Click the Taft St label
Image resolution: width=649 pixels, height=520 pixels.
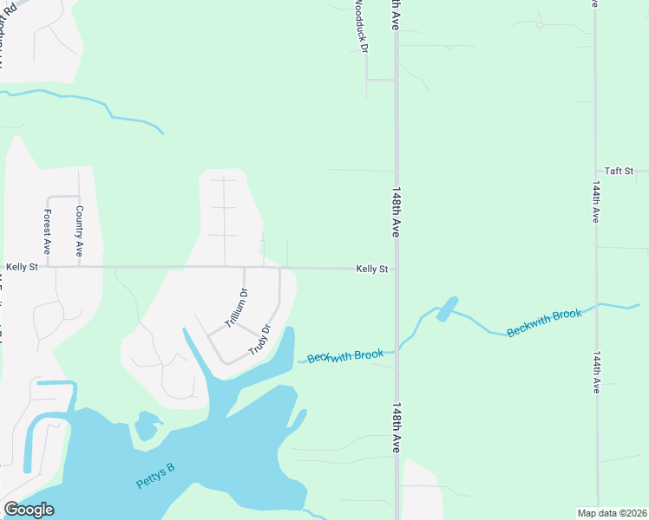pyautogui.click(x=619, y=171)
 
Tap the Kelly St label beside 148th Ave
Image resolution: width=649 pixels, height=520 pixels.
pyautogui.click(x=371, y=270)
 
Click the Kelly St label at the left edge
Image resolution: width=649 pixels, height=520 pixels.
pyautogui.click(x=22, y=268)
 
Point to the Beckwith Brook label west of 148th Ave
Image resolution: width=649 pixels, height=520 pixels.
pyautogui.click(x=345, y=356)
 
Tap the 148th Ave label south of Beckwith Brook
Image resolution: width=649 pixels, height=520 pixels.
pyautogui.click(x=396, y=427)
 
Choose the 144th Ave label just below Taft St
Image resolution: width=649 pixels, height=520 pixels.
pyautogui.click(x=596, y=203)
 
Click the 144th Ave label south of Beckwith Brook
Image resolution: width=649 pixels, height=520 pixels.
pyautogui.click(x=596, y=373)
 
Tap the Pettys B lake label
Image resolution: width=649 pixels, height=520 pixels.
pyautogui.click(x=155, y=476)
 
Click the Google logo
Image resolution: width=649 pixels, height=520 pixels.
pyautogui.click(x=29, y=510)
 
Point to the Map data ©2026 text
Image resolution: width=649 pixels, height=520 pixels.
pyautogui.click(x=612, y=513)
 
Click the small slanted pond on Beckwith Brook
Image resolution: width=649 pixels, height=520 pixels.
pyautogui.click(x=447, y=309)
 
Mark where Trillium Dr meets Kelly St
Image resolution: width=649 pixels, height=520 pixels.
pyautogui.click(x=244, y=268)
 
